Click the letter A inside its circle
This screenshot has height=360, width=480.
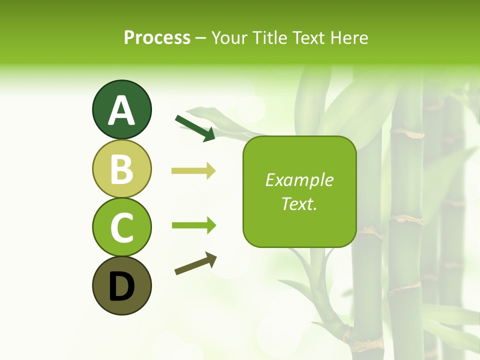(x=121, y=111)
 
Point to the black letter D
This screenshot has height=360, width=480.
(x=121, y=287)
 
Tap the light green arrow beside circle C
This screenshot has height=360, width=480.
(x=193, y=225)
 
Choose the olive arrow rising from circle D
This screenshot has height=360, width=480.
(x=195, y=263)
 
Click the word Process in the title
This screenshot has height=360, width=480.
(x=157, y=38)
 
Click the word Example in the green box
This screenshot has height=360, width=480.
(x=299, y=180)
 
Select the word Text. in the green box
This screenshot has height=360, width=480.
(x=299, y=204)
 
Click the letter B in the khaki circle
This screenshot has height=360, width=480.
(x=121, y=169)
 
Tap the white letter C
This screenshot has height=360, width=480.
(x=121, y=227)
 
